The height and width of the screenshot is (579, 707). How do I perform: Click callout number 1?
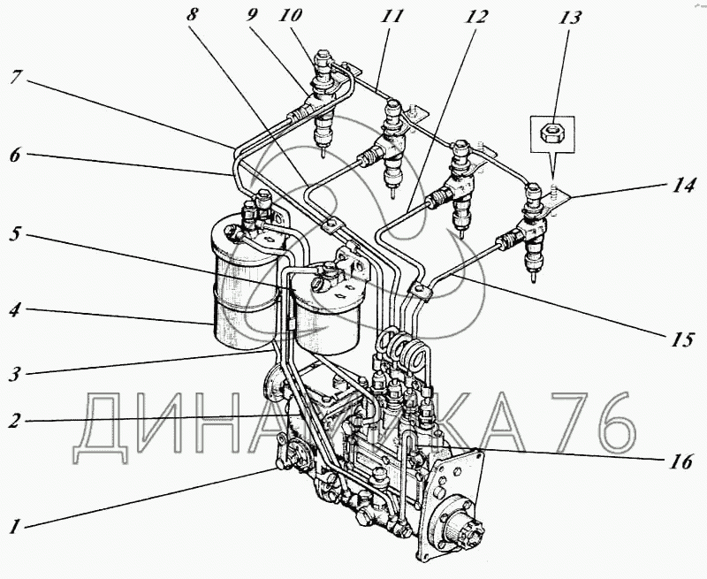tap(15, 528)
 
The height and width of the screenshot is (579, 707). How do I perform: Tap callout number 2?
tap(15, 420)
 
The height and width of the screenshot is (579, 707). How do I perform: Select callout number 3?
tap(15, 372)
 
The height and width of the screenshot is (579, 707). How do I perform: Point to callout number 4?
tap(15, 311)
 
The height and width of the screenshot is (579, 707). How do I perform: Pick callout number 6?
tap(15, 153)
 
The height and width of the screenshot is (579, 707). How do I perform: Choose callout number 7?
tap(15, 78)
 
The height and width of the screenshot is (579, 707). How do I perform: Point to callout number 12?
tap(477, 15)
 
